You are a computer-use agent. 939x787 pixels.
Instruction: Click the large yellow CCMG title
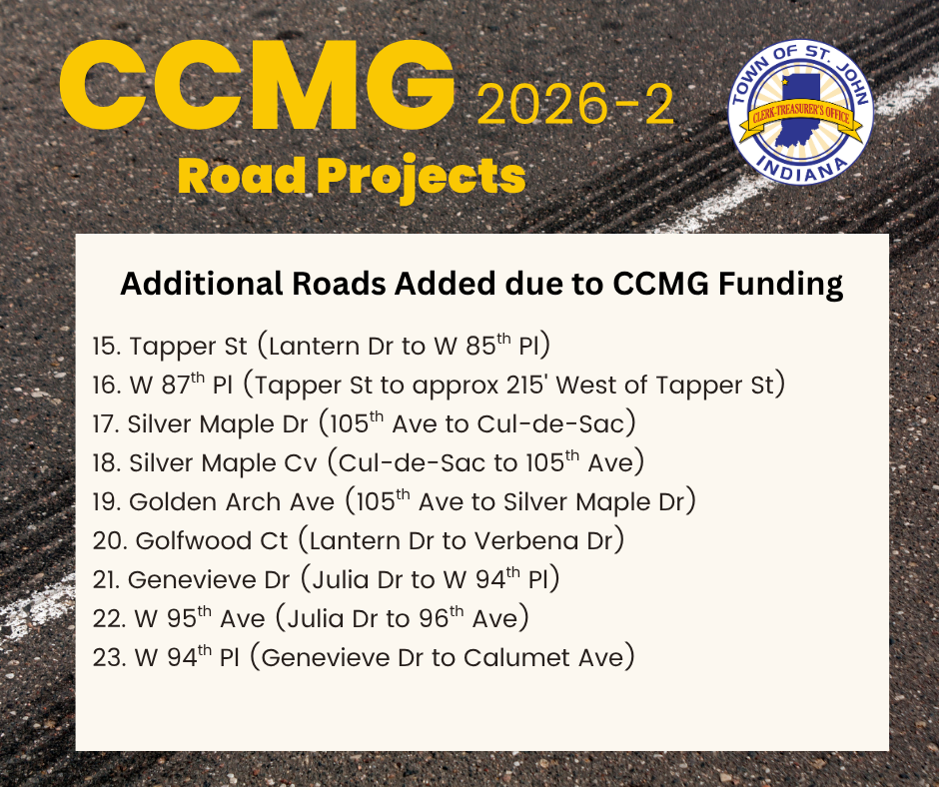coord(257,85)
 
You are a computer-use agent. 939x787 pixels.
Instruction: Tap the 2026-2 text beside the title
coord(575,105)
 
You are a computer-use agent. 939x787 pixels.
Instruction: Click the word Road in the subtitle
coord(242,176)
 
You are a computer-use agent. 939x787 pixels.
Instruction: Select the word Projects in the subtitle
coord(421,179)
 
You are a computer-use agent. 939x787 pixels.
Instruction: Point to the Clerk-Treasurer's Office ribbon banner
coord(801,119)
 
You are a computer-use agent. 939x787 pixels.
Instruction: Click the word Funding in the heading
coord(780,285)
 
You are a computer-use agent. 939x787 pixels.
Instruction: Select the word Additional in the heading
coord(201,284)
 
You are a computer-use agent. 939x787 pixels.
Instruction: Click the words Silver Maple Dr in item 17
coord(218,424)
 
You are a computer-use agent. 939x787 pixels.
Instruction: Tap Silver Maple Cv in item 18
coord(223,463)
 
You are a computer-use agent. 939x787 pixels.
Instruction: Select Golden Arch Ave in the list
coord(232,502)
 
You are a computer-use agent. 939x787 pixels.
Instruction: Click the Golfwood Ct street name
coord(212,541)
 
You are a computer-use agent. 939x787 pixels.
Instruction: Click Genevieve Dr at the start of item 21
coord(209,580)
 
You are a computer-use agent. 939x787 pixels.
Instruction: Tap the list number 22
coord(109,618)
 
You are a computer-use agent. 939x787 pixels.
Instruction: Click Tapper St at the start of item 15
coord(188,347)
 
